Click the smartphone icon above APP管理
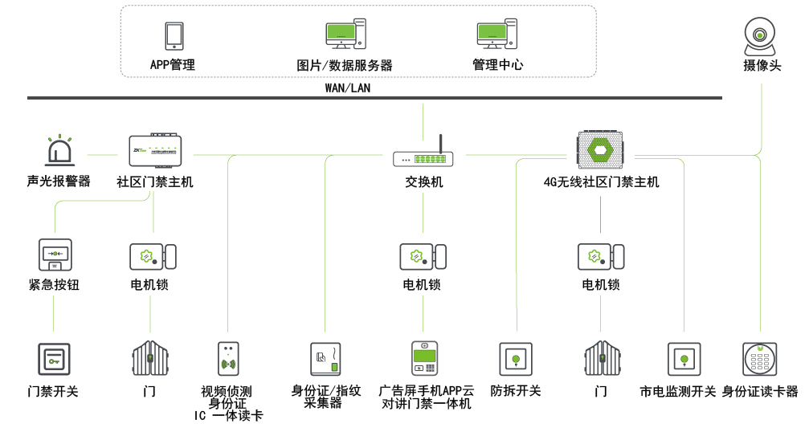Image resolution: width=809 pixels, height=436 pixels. [x=174, y=36]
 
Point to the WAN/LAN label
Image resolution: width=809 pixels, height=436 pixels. [x=348, y=88]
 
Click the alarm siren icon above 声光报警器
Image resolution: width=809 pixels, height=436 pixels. [x=59, y=152]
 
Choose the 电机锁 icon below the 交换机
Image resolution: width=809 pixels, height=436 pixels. [x=423, y=256]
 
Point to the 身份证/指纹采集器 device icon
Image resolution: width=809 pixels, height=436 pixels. [x=325, y=358]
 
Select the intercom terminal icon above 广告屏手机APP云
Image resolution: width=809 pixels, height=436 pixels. [x=424, y=358]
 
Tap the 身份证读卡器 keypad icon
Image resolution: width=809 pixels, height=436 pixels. [x=759, y=358]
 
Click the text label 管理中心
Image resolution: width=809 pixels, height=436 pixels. [x=497, y=65]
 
